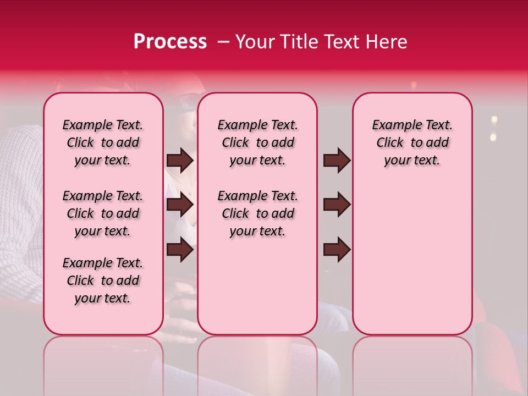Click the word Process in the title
(169, 42)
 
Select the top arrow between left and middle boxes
(180, 161)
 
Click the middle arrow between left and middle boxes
(180, 205)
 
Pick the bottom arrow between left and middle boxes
(180, 250)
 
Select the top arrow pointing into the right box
(337, 161)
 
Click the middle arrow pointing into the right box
(337, 205)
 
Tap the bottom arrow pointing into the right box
(337, 250)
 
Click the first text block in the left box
(103, 142)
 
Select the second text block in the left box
(103, 213)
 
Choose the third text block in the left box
(103, 280)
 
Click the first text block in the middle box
(257, 142)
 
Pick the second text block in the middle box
(257, 213)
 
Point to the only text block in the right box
(412, 142)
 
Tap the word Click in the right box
(390, 142)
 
